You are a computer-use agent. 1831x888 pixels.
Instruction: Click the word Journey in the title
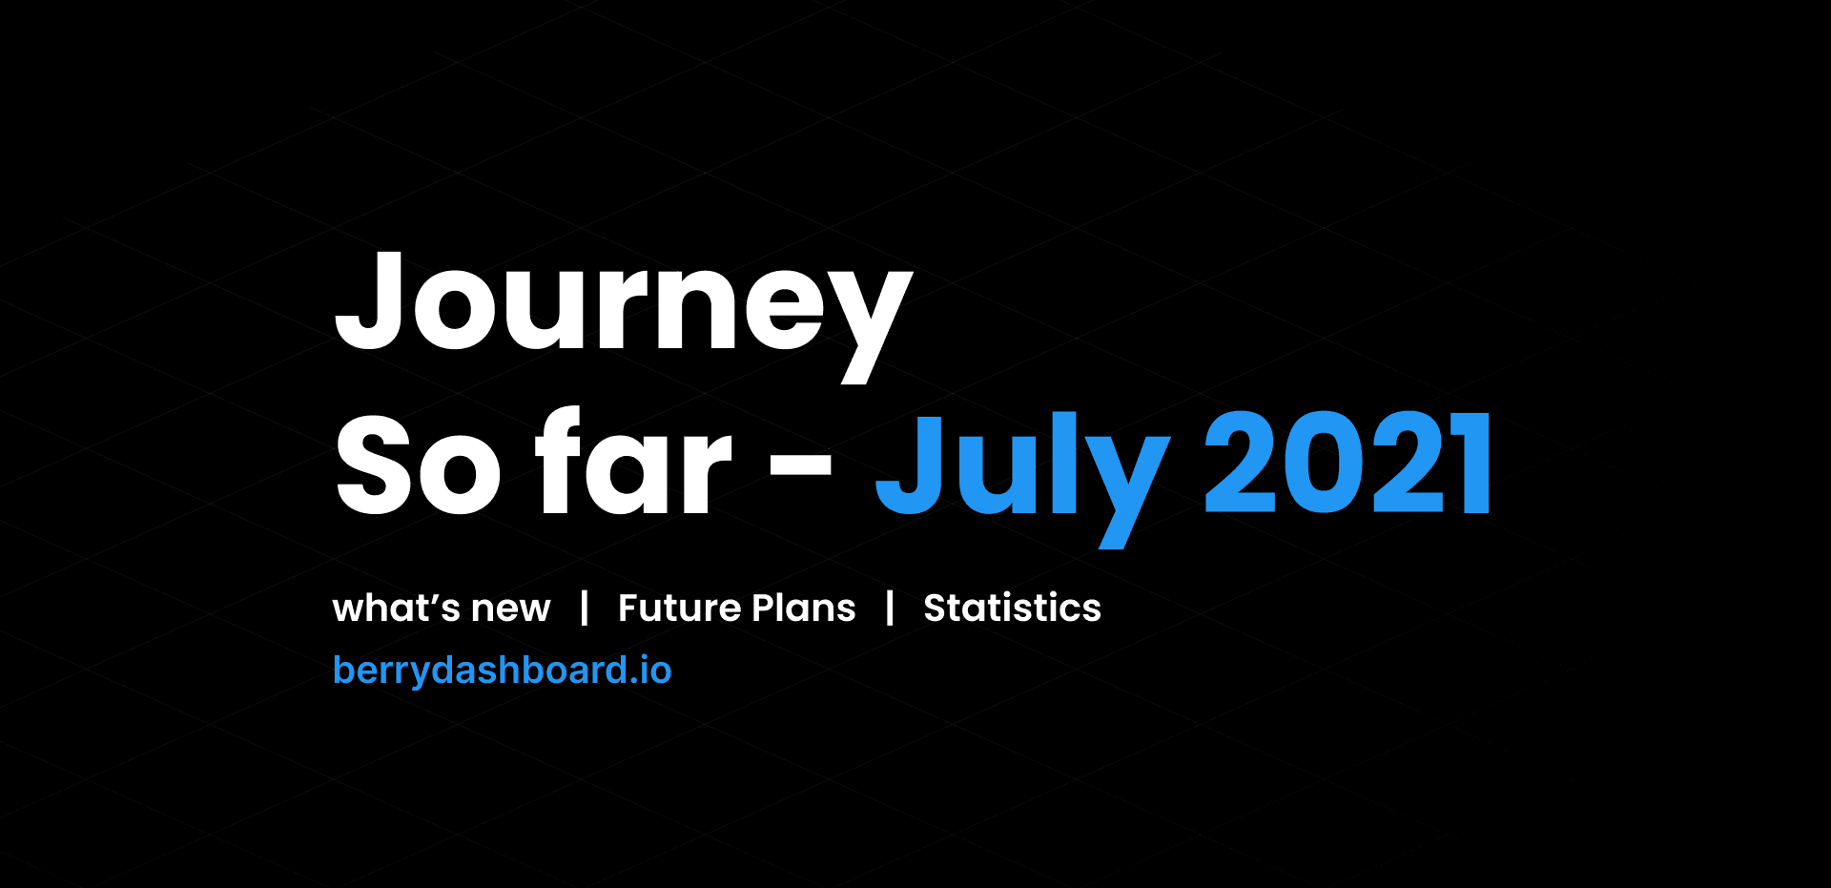coord(623,305)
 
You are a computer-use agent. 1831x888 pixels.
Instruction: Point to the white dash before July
coord(800,465)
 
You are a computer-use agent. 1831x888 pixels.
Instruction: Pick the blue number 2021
coord(1348,465)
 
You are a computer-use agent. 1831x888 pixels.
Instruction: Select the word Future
coord(678,608)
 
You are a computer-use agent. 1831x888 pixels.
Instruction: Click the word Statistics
coord(1012,608)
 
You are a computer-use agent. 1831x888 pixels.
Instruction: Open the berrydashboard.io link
coord(502,671)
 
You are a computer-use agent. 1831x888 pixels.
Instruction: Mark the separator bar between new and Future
coord(585,608)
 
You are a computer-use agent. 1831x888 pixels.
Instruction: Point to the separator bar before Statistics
coord(890,608)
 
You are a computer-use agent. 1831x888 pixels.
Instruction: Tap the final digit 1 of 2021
coord(1470,465)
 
